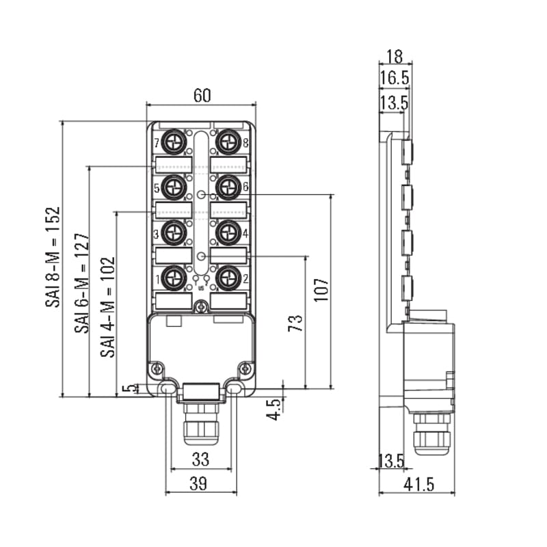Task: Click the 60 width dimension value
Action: pyautogui.click(x=202, y=95)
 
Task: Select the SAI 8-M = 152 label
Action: pyautogui.click(x=53, y=257)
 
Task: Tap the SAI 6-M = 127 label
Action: pyautogui.click(x=82, y=283)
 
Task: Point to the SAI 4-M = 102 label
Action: pyautogui.click(x=108, y=307)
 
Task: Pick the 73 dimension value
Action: pyautogui.click(x=295, y=323)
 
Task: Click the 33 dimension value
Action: pyautogui.click(x=200, y=459)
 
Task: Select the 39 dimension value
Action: pyautogui.click(x=198, y=483)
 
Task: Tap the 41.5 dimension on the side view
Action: pyautogui.click(x=419, y=484)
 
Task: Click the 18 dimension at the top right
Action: pyautogui.click(x=395, y=56)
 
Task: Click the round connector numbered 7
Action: pyautogui.click(x=174, y=142)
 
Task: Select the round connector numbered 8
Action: pyautogui.click(x=228, y=142)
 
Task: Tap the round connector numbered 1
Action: pyautogui.click(x=174, y=278)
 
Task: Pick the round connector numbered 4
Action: pyautogui.click(x=228, y=232)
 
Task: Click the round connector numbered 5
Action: pyautogui.click(x=174, y=187)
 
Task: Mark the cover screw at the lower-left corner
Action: pyautogui.click(x=157, y=368)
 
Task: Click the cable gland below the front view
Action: pyautogui.click(x=201, y=423)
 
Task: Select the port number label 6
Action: pyautogui.click(x=245, y=187)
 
